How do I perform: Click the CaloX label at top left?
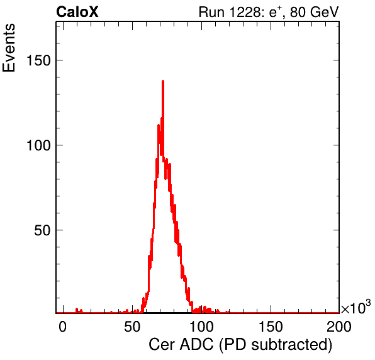[77, 12]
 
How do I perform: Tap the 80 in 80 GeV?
[298, 12]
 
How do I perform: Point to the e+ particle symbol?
[276, 12]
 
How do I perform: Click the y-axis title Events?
[9, 48]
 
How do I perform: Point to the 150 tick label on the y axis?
[38, 60]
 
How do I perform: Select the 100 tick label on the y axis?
[38, 145]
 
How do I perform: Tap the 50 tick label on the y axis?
[42, 230]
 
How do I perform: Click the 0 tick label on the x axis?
[63, 327]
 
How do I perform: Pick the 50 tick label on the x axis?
[132, 327]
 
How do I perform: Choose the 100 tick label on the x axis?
[201, 327]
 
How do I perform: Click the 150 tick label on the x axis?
[271, 327]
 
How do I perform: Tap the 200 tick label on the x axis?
[339, 327]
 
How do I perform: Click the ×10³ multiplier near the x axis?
[356, 307]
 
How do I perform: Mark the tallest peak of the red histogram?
[163, 81]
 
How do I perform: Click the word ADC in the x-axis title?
[196, 345]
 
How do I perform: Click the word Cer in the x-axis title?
[162, 345]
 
